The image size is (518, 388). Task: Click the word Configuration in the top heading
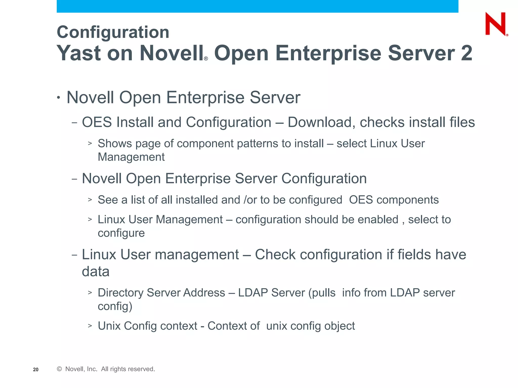point(113,32)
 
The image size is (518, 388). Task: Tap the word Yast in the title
point(79,53)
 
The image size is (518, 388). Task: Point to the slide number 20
point(36,370)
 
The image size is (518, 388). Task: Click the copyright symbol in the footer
point(59,369)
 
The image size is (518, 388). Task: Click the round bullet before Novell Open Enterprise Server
point(59,98)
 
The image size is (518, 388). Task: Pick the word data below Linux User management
point(96,272)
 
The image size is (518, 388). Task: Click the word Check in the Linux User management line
point(275,254)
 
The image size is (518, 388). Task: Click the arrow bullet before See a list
point(90,200)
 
